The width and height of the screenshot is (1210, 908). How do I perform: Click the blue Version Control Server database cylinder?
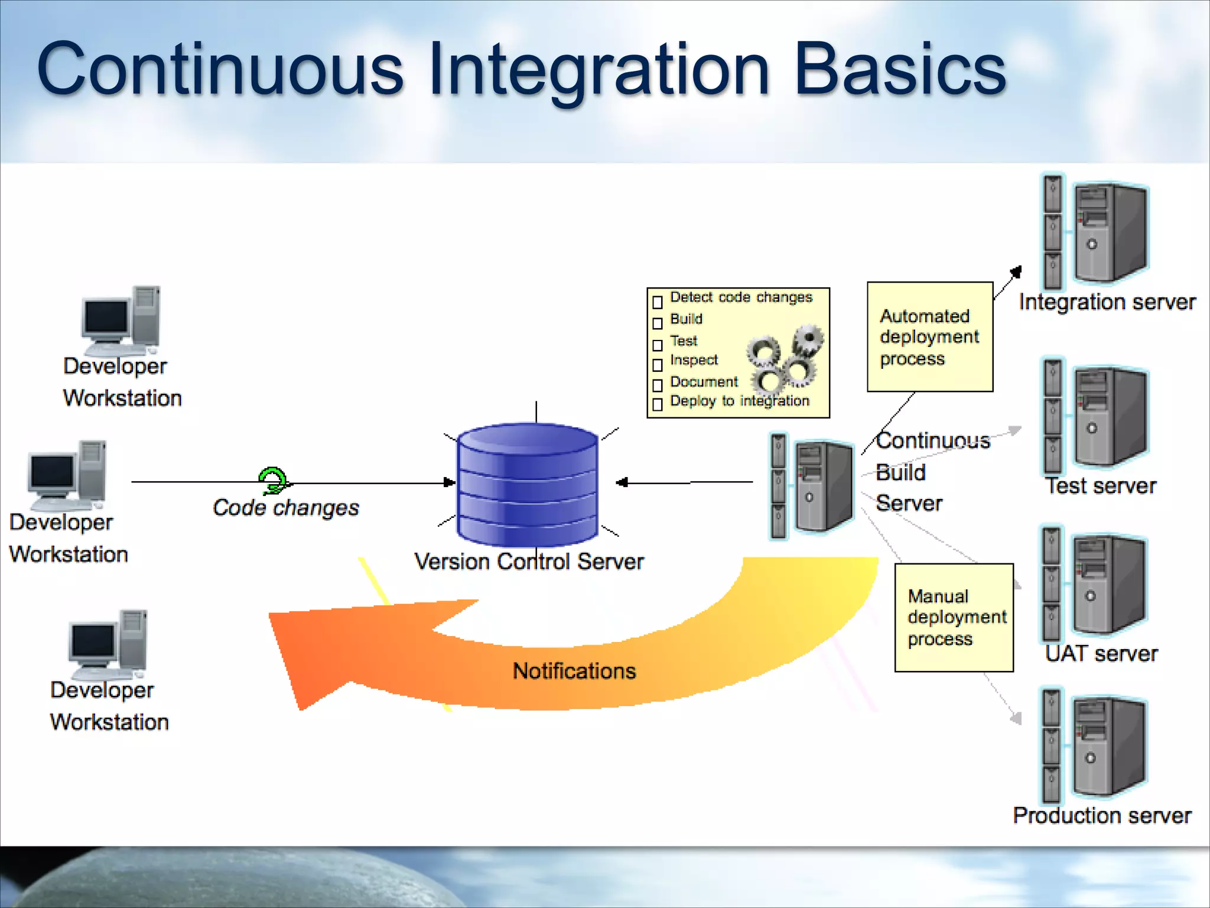click(527, 485)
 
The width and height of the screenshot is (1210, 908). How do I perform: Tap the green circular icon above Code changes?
click(273, 480)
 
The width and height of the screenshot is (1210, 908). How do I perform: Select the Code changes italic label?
click(286, 508)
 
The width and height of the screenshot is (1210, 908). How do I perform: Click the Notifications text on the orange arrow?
click(574, 671)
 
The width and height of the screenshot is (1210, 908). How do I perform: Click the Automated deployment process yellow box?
click(929, 337)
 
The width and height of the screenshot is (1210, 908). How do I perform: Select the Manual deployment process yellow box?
click(954, 618)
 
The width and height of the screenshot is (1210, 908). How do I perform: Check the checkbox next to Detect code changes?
click(658, 303)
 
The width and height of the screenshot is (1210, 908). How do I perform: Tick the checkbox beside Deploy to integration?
click(658, 405)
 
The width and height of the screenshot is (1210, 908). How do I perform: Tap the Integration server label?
click(1107, 302)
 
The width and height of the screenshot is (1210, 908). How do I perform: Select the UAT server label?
click(1101, 653)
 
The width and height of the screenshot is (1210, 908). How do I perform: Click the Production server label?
click(1102, 816)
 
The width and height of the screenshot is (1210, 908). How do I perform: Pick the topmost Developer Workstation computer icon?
click(121, 319)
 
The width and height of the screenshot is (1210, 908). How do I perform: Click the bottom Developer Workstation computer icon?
click(108, 644)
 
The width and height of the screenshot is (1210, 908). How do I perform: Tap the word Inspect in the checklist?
click(694, 360)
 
